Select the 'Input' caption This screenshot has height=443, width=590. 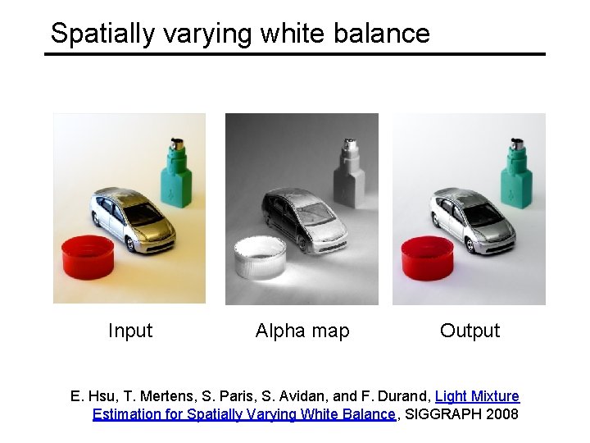(x=130, y=331)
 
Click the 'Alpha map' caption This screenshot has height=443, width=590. (x=302, y=331)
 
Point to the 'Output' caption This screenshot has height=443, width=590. (x=470, y=331)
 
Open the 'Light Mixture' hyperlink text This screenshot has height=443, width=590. (x=477, y=396)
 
